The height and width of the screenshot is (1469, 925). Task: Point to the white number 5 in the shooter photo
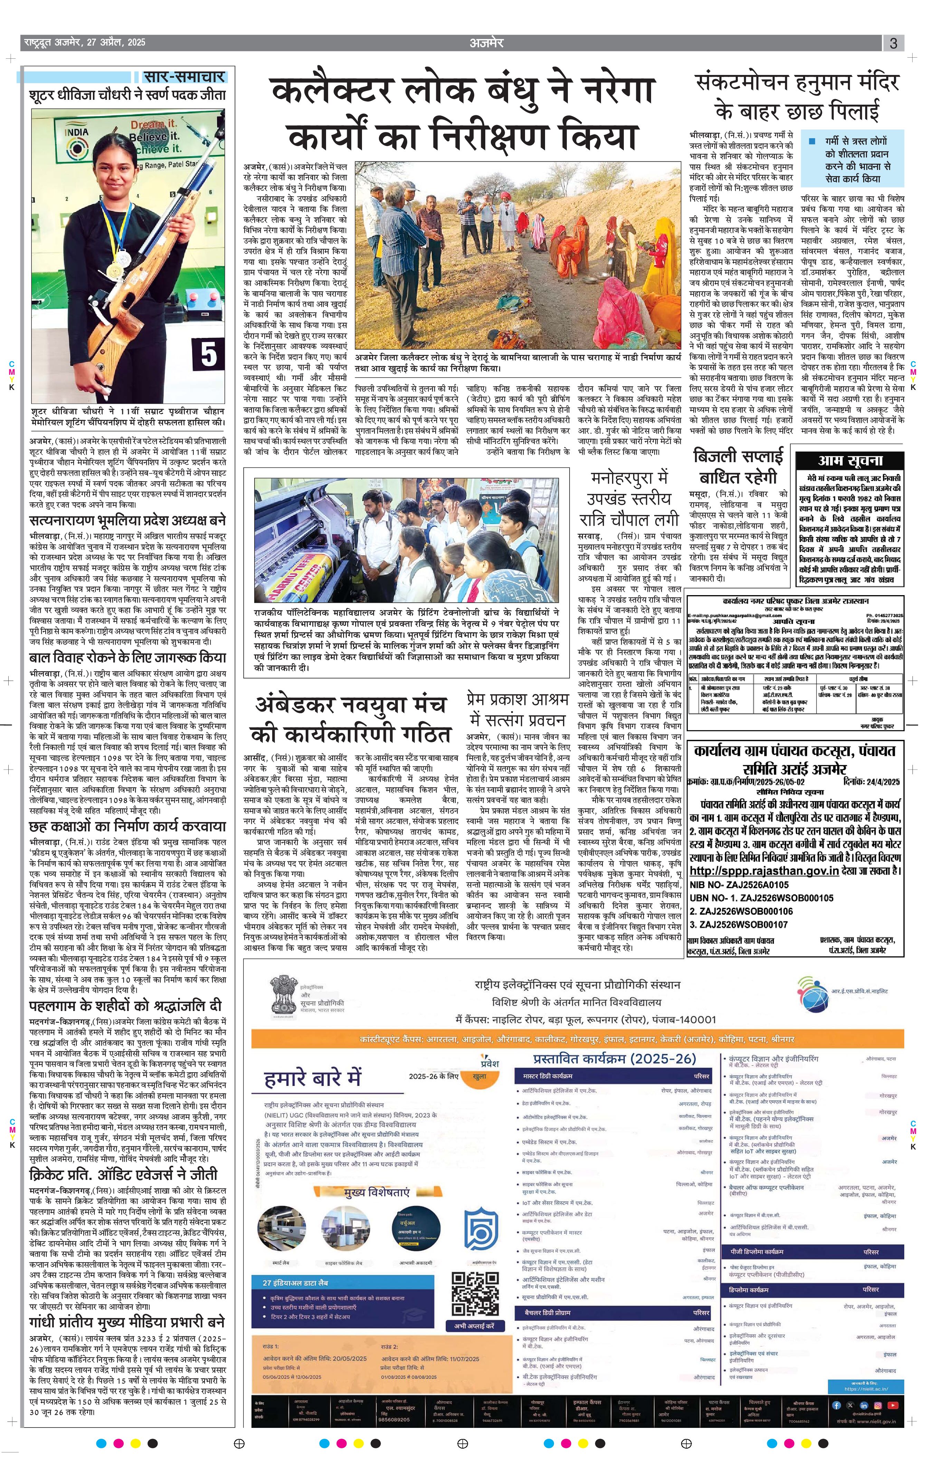click(x=209, y=354)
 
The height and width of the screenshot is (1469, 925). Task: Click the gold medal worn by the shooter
click(x=114, y=268)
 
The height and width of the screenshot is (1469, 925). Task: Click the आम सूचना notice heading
click(x=850, y=460)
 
